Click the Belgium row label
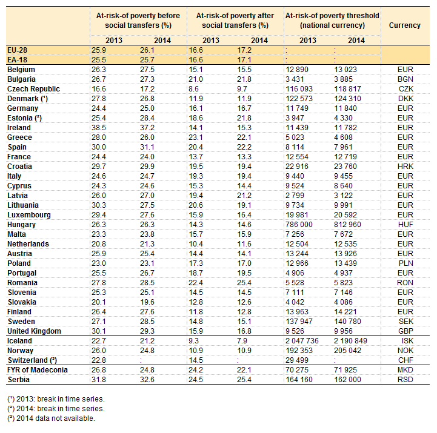tap(21, 70)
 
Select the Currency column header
tap(404, 25)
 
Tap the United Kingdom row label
tap(34, 331)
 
